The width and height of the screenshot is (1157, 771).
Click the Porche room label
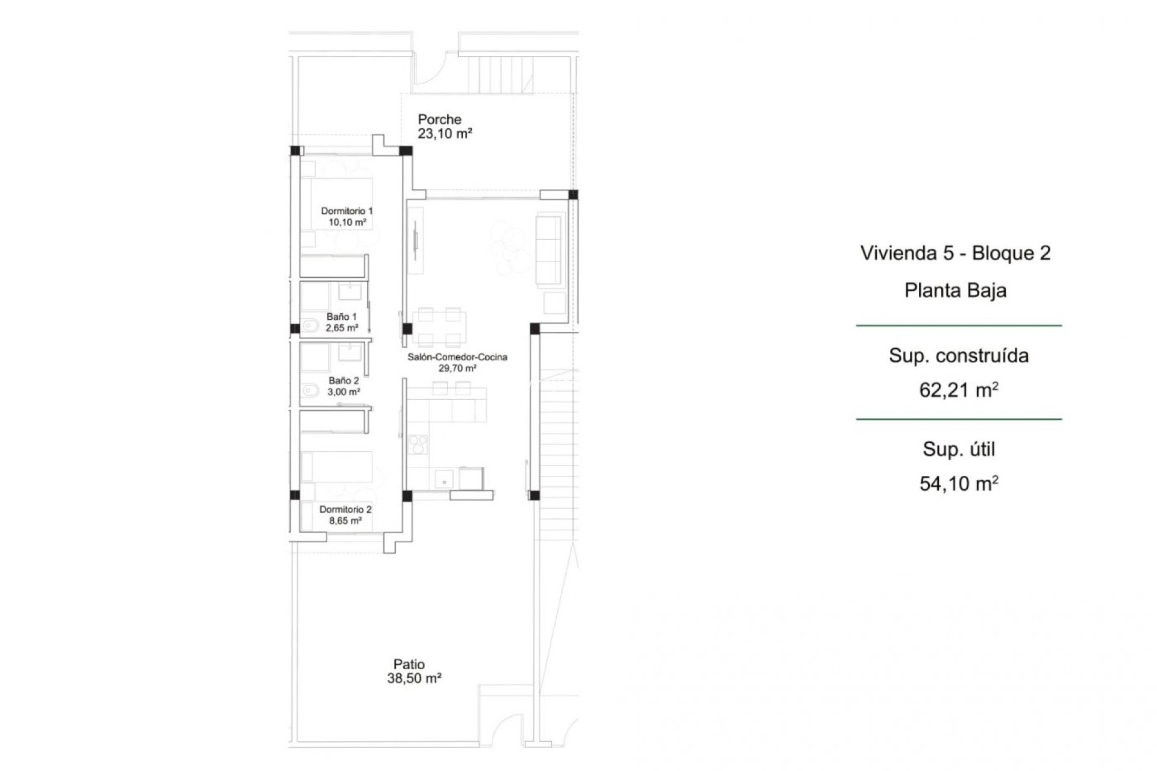(x=439, y=119)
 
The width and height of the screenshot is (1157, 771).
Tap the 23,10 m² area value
(x=445, y=134)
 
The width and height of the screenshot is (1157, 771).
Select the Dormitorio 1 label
(x=346, y=211)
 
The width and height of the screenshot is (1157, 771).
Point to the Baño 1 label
(x=342, y=316)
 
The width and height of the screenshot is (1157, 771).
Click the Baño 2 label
(x=343, y=381)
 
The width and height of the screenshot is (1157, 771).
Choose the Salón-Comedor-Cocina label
(x=457, y=357)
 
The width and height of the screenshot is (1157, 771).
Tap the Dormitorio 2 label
(x=345, y=510)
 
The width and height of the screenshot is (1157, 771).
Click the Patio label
(x=409, y=664)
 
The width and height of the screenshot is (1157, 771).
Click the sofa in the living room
(x=548, y=249)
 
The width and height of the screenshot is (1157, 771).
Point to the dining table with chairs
(x=439, y=326)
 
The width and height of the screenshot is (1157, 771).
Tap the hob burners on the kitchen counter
(x=418, y=444)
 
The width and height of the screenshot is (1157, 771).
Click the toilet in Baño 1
(x=310, y=326)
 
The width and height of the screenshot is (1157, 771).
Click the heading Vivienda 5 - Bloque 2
(x=955, y=253)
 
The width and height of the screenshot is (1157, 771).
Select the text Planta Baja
(x=955, y=290)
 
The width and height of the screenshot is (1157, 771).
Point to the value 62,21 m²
(x=958, y=390)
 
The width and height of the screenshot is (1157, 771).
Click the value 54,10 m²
(x=958, y=484)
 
